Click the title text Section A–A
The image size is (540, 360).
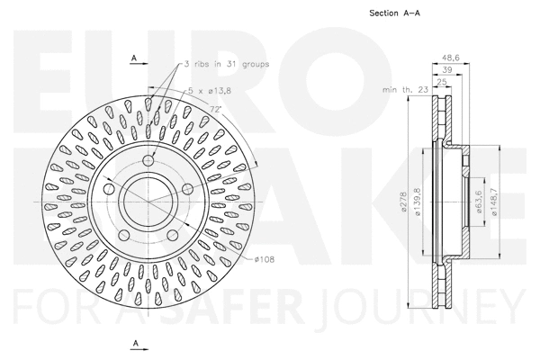point(396,13)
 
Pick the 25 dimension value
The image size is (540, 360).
point(441,82)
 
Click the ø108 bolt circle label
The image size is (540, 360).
point(264,259)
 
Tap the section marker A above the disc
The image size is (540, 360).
point(133,58)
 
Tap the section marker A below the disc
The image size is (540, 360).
point(133,344)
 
